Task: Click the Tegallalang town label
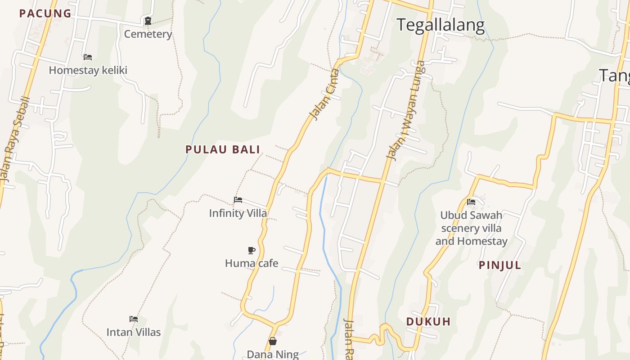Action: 440,25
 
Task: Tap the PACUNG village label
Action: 45,13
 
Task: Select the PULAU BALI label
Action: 223,149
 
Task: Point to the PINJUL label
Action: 500,265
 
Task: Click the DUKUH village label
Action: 428,322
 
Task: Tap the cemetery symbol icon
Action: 148,21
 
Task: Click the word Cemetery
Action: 148,34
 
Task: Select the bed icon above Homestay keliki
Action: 88,57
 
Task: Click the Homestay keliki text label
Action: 88,70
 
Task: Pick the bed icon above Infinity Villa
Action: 238,200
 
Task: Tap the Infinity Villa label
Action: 238,213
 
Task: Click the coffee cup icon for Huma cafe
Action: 252,250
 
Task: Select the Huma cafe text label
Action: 252,263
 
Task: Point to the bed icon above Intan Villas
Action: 134,319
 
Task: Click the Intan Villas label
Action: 134,333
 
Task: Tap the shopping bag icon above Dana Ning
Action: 272,341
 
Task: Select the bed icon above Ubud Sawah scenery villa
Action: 471,202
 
